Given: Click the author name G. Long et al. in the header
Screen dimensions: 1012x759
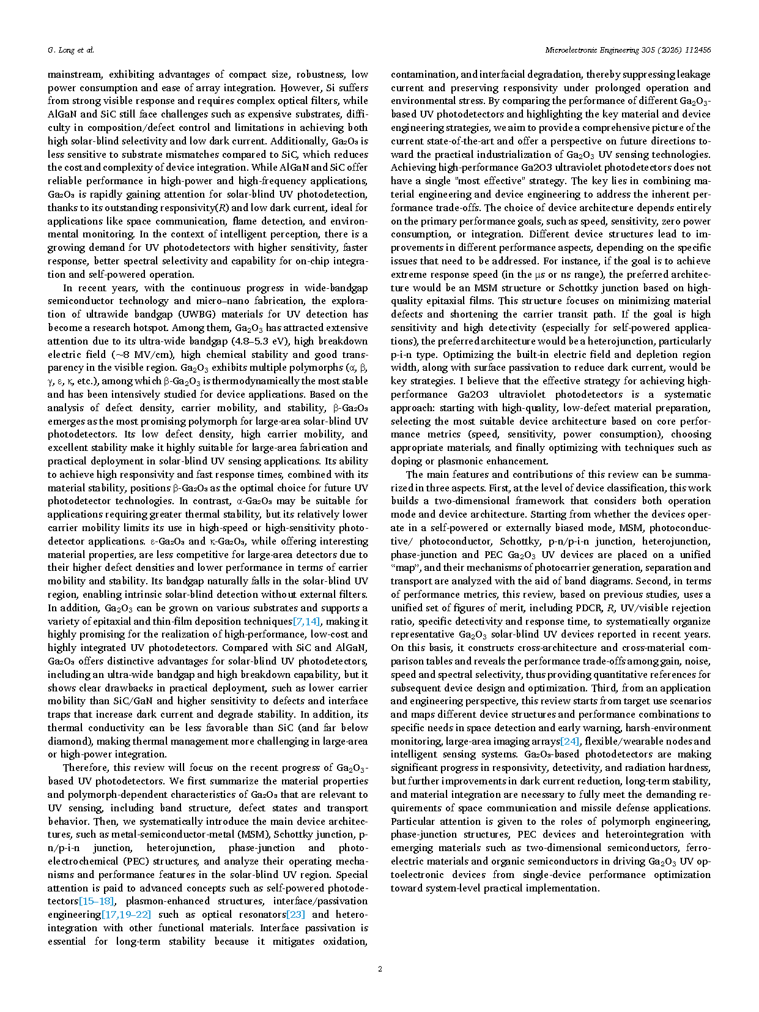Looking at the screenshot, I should pyautogui.click(x=71, y=50).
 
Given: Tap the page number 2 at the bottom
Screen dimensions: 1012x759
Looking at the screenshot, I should pyautogui.click(x=380, y=969).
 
